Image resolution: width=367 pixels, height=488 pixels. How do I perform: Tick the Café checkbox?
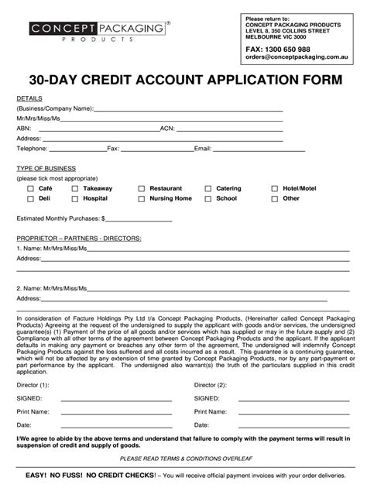coord(30,188)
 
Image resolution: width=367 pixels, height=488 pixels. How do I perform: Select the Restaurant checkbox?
coord(141,188)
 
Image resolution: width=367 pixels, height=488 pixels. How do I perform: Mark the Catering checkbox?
coord(208,188)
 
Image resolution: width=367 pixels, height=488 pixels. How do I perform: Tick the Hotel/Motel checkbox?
coord(275,188)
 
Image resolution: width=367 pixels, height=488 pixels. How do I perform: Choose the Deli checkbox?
coord(30,198)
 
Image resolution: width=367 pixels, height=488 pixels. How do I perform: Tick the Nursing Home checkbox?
coord(141,198)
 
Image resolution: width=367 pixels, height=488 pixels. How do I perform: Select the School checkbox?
coord(208,198)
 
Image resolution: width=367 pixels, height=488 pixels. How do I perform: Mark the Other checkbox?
coord(275,198)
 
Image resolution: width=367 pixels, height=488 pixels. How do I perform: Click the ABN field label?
coord(24,128)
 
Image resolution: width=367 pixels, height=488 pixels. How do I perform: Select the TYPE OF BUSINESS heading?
coord(46,168)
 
